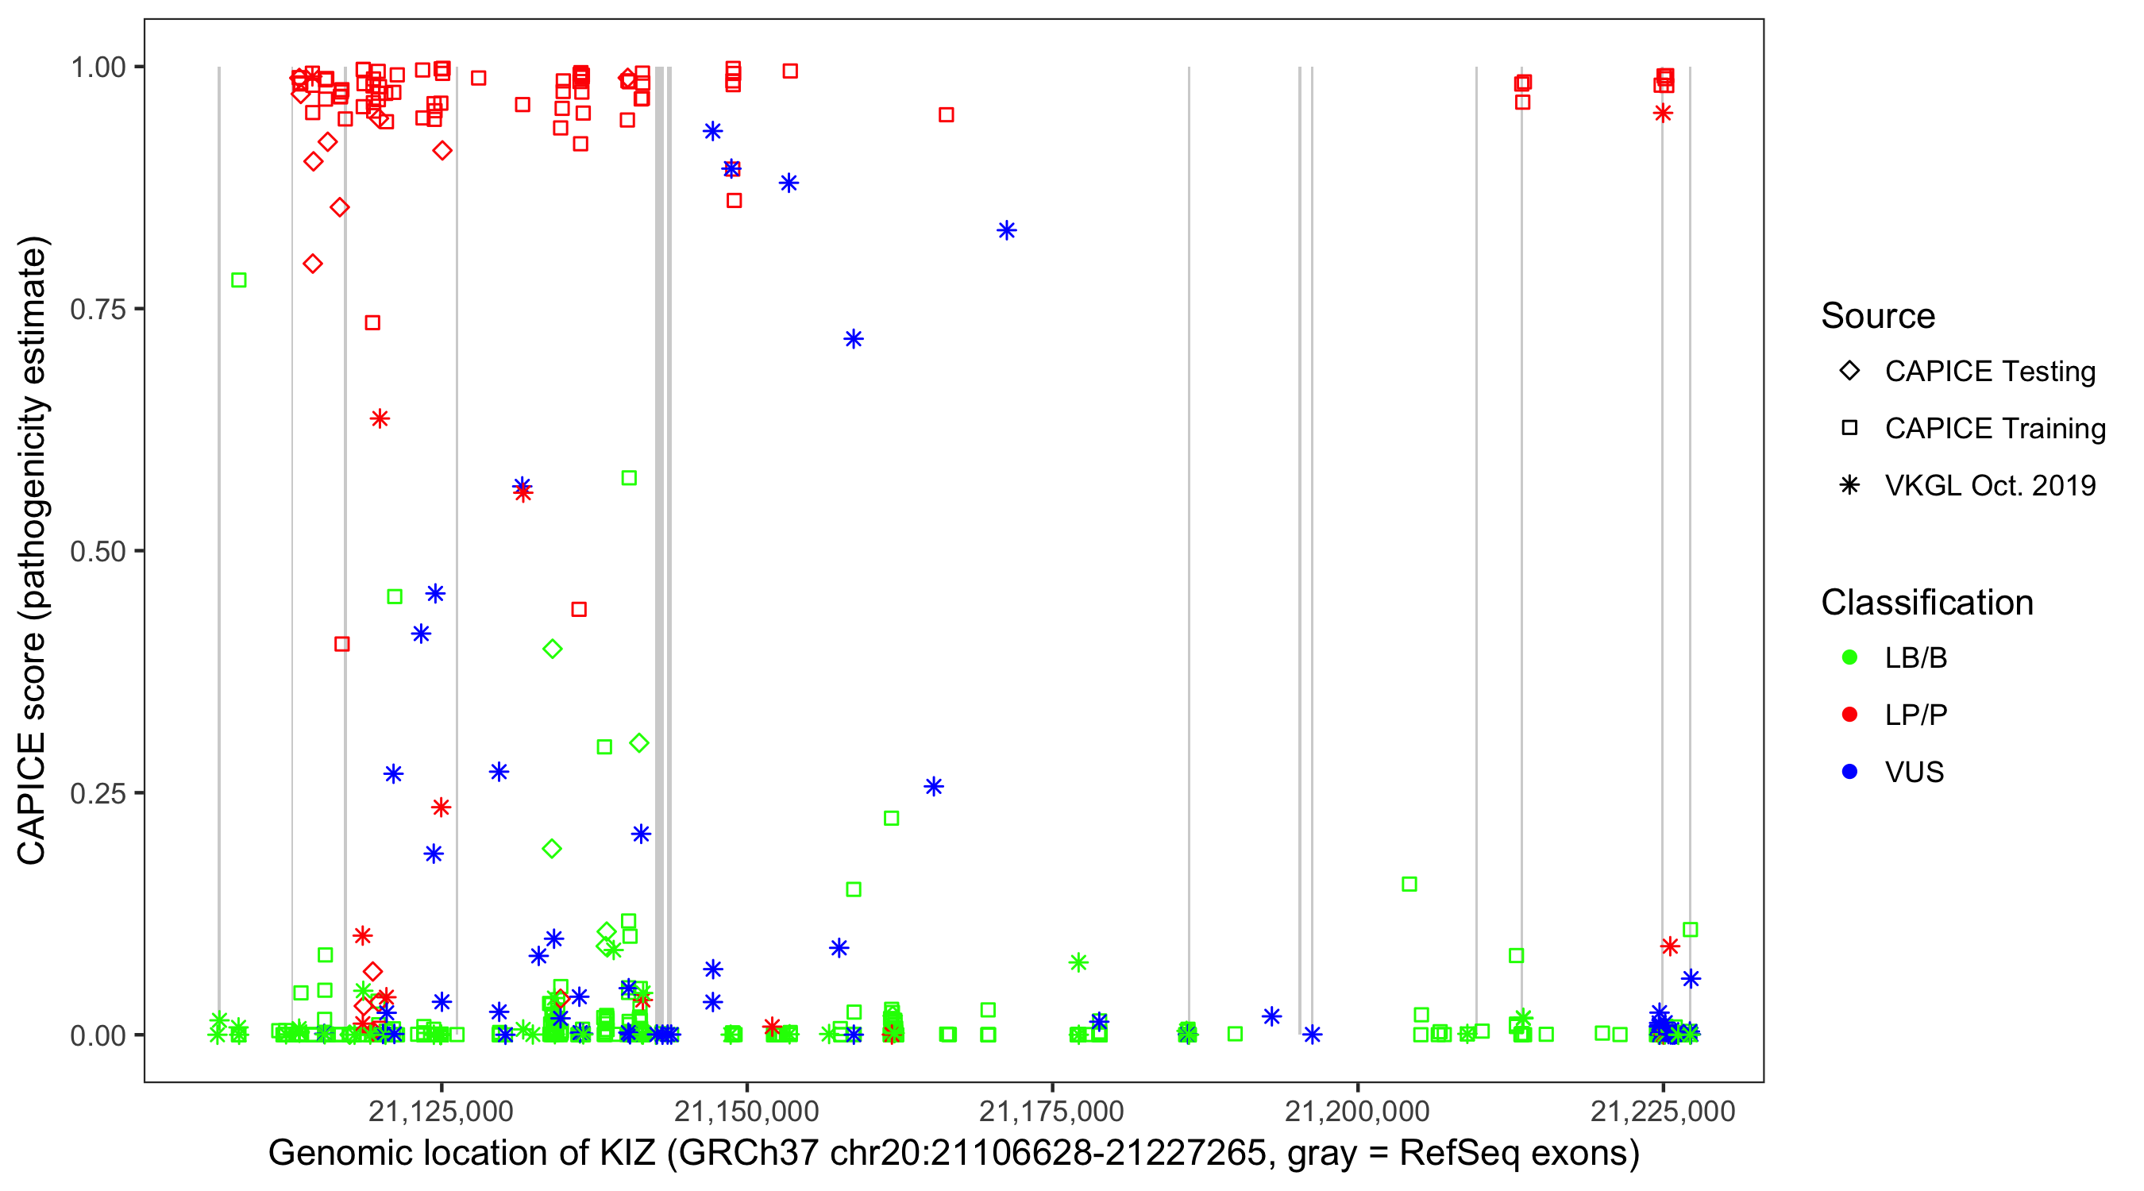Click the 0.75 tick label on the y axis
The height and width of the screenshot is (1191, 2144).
[x=98, y=310]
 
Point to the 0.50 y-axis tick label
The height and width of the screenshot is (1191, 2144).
[x=98, y=552]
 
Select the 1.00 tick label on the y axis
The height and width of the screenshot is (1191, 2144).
[x=98, y=67]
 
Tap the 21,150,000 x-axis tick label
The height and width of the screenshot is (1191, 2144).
[x=746, y=1111]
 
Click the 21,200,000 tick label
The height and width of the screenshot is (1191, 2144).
[x=1358, y=1111]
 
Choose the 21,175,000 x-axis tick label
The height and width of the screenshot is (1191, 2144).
[x=1052, y=1111]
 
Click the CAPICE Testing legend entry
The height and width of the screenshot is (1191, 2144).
[x=1989, y=372]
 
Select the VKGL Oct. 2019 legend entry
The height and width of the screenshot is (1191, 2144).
[x=1989, y=486]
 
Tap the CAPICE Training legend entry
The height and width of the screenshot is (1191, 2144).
[x=1994, y=429]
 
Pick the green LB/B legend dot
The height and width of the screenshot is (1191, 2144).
[x=1850, y=657]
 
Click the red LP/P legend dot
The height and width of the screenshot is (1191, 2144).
[x=1850, y=715]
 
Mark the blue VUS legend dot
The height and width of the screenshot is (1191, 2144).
[x=1850, y=773]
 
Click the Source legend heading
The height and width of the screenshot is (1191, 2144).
[x=1878, y=316]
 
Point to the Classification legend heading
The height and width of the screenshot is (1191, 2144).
[x=1926, y=603]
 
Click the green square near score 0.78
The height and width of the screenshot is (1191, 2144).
[x=239, y=280]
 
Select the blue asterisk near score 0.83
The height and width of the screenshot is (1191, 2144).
[x=1007, y=230]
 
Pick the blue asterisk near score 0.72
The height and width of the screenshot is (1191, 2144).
[x=854, y=339]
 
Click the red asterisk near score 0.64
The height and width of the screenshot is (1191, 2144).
[x=380, y=418]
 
